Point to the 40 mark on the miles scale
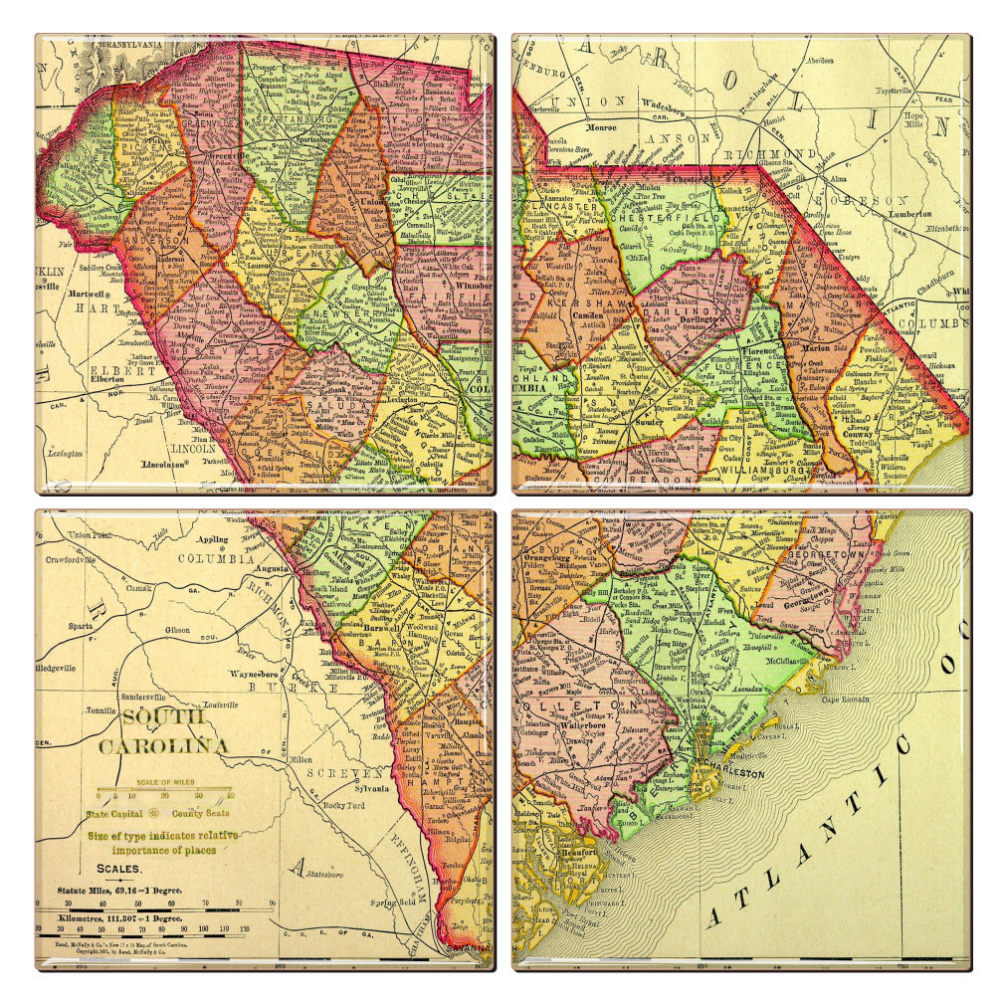click(230, 795)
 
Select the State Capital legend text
click(115, 814)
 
